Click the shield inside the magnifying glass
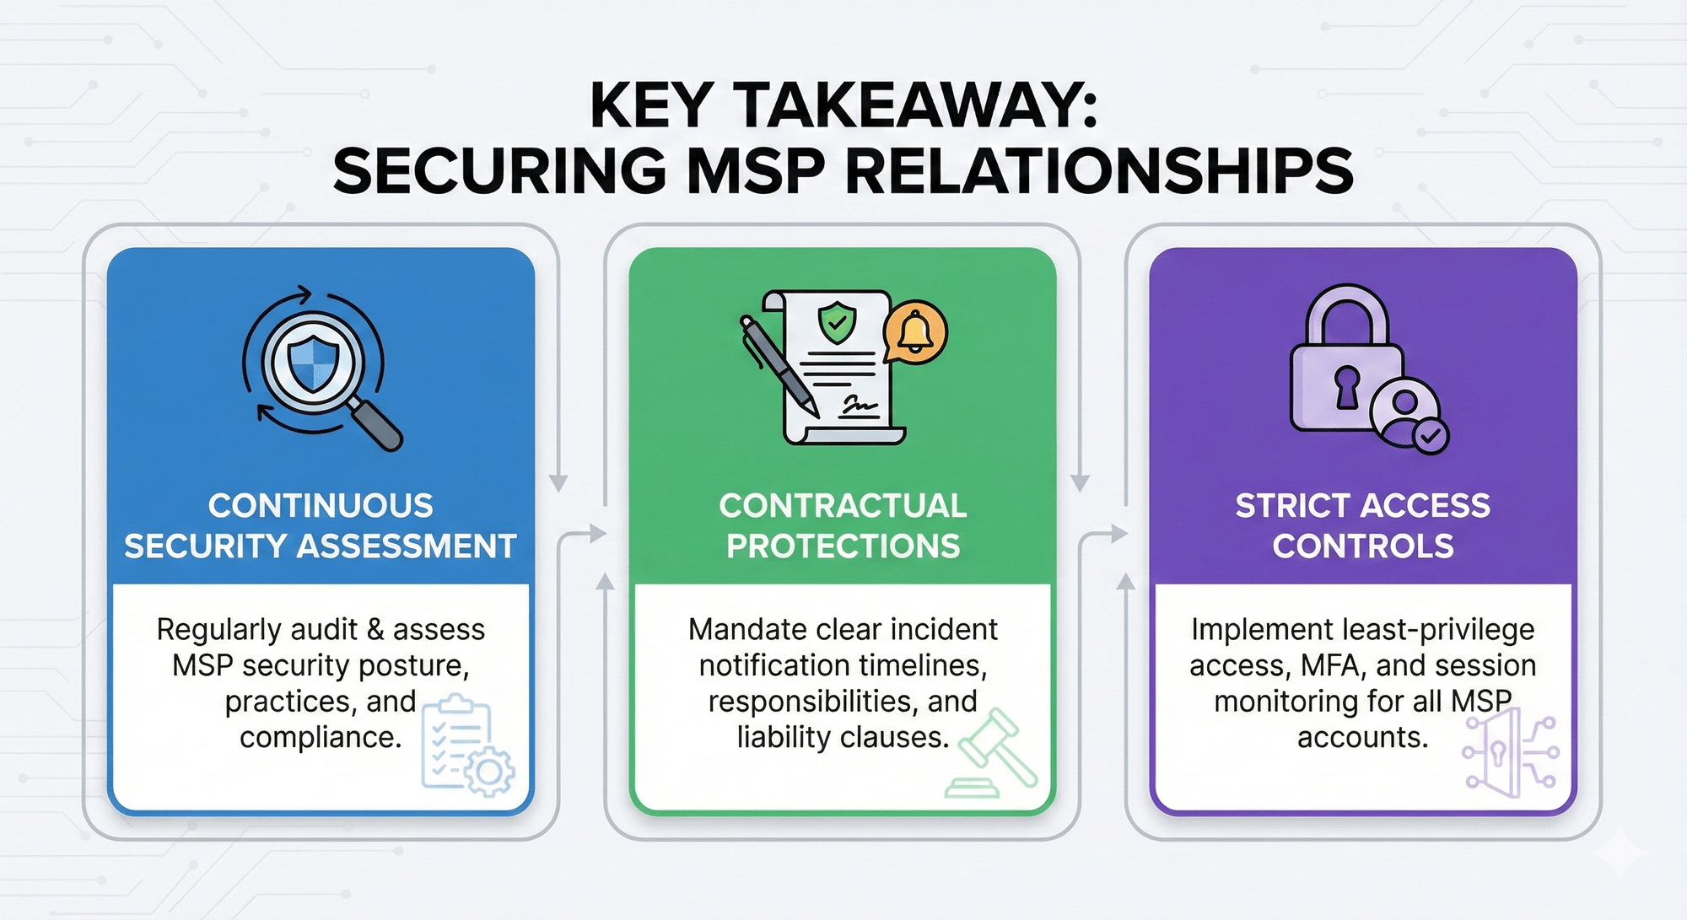coord(313,363)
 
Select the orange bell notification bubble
coord(916,331)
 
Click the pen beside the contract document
coord(778,366)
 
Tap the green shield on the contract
coord(837,322)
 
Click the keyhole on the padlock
coord(1347,387)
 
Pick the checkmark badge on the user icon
coord(1431,436)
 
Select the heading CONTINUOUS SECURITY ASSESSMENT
coord(321,526)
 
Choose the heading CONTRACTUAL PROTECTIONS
coord(843,526)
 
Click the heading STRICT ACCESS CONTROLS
coord(1363,526)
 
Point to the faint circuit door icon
coord(1509,752)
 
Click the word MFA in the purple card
coord(1334,665)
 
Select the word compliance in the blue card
coord(320,738)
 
